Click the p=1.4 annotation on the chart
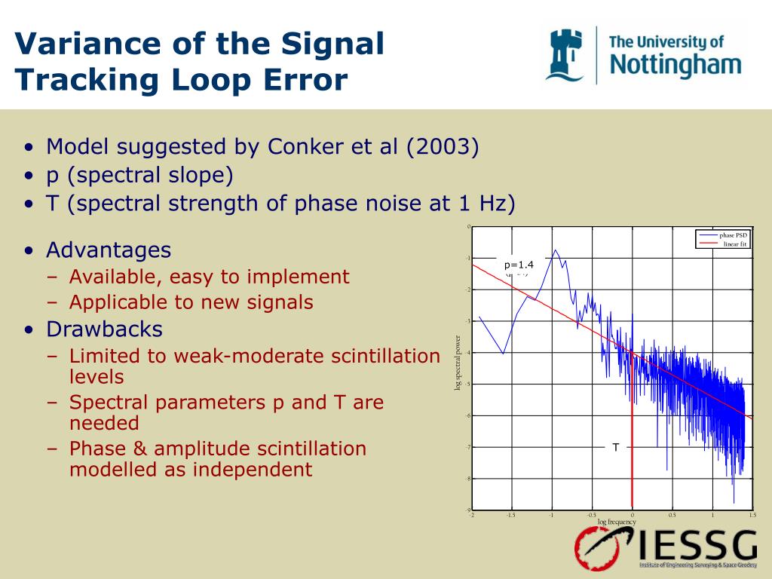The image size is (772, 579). (519, 265)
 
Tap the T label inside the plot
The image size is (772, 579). (615, 448)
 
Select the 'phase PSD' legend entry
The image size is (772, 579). (732, 235)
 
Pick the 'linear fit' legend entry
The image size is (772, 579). (734, 244)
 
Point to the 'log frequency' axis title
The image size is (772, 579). (617, 522)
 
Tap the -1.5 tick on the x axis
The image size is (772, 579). (511, 516)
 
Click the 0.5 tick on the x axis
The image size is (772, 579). (672, 516)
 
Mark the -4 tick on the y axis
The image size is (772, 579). (467, 353)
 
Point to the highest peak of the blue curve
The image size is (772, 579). (556, 250)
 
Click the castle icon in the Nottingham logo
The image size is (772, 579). (565, 54)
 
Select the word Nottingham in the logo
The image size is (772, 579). (675, 65)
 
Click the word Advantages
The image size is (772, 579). (109, 250)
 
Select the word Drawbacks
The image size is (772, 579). (104, 329)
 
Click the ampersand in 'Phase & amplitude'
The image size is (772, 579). (139, 449)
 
